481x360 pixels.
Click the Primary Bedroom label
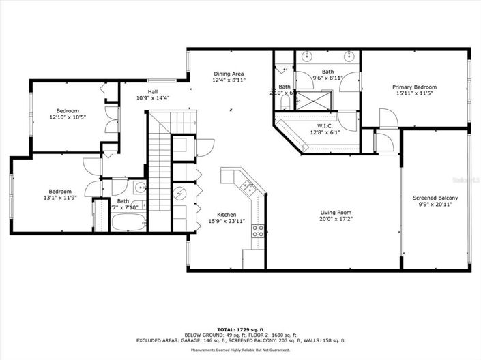(414, 87)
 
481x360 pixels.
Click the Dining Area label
(229, 74)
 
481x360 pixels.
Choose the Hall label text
(154, 91)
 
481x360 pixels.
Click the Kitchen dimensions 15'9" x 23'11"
(227, 221)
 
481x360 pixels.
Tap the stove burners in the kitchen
(258, 231)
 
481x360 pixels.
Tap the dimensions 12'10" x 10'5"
(67, 118)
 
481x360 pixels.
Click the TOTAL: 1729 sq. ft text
(239, 329)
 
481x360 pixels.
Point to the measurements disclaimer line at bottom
(239, 350)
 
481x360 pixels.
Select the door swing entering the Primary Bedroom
(386, 121)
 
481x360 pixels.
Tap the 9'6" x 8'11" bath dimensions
(328, 78)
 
